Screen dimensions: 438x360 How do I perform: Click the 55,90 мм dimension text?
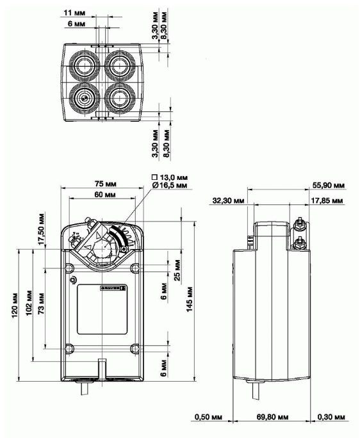332,184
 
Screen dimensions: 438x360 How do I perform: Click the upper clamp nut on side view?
299,223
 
